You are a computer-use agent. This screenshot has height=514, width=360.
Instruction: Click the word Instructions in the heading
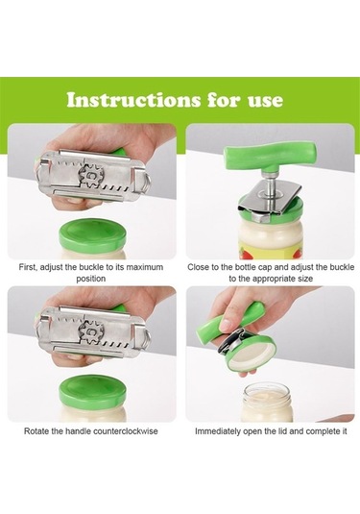tap(133, 100)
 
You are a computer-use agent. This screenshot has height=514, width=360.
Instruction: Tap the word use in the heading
tap(265, 101)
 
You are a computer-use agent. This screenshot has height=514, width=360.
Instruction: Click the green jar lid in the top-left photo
tap(92, 234)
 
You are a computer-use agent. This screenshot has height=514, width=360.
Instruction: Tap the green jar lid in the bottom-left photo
tap(92, 390)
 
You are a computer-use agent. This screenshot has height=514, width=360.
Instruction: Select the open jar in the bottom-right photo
tap(267, 403)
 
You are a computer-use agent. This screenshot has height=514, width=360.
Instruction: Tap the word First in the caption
tap(27, 267)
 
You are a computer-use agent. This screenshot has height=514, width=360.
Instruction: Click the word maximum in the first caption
tap(144, 267)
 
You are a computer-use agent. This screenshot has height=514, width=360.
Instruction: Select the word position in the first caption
tap(91, 279)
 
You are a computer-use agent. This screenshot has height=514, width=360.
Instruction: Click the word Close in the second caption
tap(198, 267)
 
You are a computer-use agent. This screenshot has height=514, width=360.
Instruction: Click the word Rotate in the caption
tap(36, 431)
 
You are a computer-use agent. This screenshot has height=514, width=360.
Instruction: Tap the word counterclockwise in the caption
tap(126, 431)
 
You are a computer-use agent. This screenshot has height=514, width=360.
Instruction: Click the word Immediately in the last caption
tap(218, 431)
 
